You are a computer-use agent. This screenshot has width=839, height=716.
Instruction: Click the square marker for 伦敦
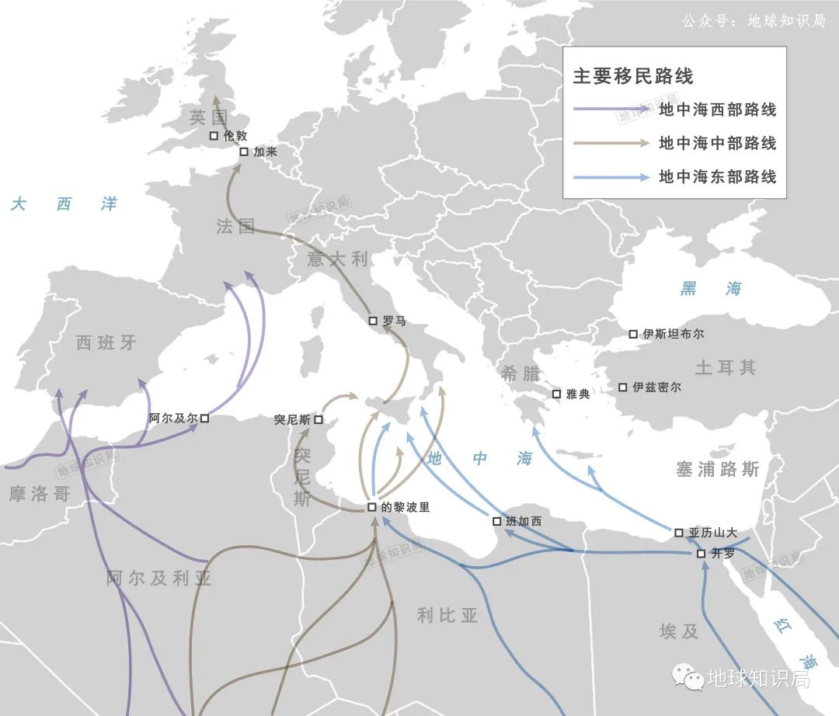pos(214,135)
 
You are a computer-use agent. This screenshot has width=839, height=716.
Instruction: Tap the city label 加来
pos(265,152)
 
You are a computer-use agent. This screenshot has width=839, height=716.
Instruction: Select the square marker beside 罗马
pos(373,320)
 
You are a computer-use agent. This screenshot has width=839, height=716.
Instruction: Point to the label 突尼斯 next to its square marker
pos(292,419)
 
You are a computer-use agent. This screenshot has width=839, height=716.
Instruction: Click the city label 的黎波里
pos(405,508)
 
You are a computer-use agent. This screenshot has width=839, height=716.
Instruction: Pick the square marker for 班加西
pos(497,521)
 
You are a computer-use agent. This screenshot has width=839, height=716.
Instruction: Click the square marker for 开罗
pos(701,554)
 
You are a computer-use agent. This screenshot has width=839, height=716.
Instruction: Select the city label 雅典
pos(578,394)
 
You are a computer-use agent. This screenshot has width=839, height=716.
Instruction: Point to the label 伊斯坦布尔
pos(674,334)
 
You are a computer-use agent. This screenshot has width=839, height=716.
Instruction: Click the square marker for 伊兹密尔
pos(622,387)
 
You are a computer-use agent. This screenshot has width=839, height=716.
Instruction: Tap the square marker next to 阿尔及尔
pos(204,418)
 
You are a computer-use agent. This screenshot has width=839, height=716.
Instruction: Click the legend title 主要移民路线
pos(632,76)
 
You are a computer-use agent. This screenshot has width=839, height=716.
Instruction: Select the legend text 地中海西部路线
pos(717,109)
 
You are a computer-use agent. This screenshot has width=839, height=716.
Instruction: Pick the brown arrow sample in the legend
pos(611,143)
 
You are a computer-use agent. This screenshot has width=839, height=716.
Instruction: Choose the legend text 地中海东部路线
pos(717,177)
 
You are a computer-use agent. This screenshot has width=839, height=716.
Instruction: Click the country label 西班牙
pos(106,342)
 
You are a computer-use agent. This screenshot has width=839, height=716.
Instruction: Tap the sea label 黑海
pos(711,289)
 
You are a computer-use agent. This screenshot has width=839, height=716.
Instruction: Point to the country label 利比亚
pos(447,616)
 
